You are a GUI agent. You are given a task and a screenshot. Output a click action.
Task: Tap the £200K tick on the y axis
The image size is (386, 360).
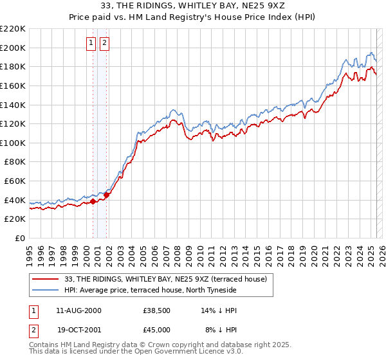click(13, 48)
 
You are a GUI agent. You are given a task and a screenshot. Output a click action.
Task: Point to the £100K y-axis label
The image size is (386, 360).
click(13, 143)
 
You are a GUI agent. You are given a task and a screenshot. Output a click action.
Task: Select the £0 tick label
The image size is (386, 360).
click(19, 238)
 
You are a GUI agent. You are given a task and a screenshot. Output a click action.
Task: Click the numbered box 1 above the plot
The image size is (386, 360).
click(91, 43)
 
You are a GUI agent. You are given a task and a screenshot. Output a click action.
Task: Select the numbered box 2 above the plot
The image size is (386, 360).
click(104, 43)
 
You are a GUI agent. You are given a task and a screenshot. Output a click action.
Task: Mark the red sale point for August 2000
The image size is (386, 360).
click(93, 201)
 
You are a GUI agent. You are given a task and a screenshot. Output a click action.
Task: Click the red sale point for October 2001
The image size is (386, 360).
click(107, 195)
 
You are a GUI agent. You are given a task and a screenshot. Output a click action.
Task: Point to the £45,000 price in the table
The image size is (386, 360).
click(156, 329)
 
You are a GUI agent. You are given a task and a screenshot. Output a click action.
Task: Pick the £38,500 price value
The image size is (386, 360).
click(156, 310)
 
